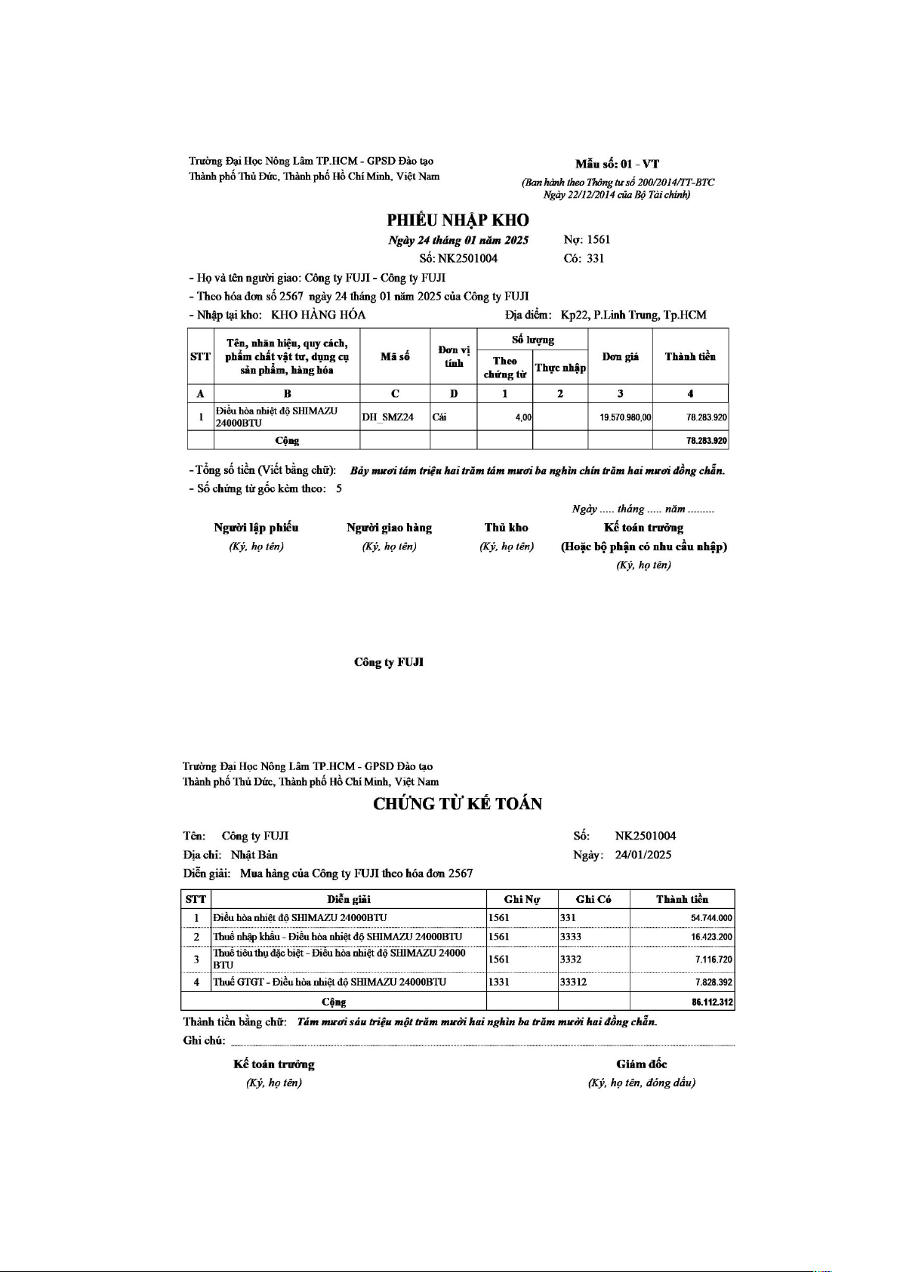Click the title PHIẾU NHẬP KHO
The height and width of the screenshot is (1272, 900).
458,220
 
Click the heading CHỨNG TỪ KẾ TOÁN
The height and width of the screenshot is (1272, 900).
458,804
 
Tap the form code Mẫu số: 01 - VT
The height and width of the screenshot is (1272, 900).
617,164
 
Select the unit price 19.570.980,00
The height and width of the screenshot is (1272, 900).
625,417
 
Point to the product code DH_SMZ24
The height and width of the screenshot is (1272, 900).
388,417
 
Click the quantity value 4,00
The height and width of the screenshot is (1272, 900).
523,417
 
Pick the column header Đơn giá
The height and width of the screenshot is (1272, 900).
620,356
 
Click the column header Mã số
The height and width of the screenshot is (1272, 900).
395,356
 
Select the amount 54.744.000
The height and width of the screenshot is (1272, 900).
710,918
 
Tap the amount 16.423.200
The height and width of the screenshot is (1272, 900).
710,937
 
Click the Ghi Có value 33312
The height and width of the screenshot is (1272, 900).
573,982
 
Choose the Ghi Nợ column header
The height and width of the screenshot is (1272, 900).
522,899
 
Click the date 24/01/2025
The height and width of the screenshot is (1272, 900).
643,855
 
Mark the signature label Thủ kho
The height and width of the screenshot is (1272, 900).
506,528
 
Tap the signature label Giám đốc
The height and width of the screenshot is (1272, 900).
641,1064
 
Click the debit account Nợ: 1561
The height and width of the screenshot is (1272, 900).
587,240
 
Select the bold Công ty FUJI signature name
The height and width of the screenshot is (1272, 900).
389,662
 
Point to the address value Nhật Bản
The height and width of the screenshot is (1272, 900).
254,855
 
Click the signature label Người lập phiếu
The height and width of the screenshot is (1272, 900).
256,528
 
